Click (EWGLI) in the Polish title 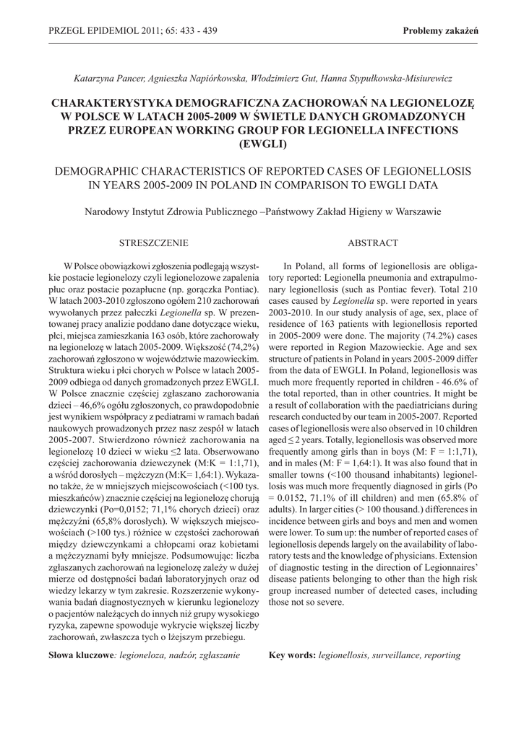tap(262, 144)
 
